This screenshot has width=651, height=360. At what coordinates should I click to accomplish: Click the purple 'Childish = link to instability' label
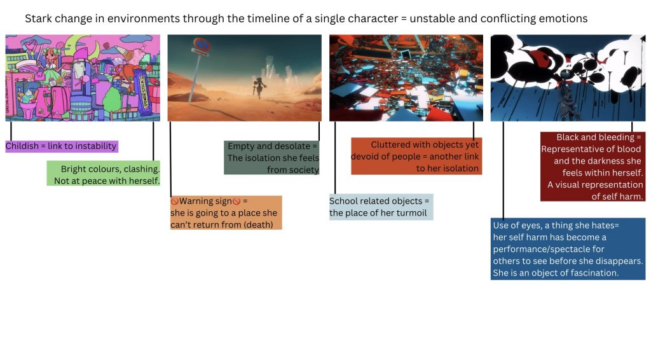62,146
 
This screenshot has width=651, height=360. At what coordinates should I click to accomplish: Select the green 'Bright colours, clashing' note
103,173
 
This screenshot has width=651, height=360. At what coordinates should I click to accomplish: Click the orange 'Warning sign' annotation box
226,212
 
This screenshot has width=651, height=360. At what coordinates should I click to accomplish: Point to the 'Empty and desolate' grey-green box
271,158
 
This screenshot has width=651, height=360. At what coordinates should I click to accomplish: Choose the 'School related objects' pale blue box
381,207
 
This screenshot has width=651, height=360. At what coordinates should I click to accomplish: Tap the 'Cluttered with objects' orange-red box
416,156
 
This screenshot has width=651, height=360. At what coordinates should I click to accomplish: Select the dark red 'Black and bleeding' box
593,167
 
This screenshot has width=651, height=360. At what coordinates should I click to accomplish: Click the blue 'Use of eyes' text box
568,249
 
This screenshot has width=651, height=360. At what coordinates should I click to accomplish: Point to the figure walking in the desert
260,87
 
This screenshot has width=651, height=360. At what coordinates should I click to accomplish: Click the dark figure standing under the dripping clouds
565,95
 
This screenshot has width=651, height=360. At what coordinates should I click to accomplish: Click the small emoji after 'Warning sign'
236,202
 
